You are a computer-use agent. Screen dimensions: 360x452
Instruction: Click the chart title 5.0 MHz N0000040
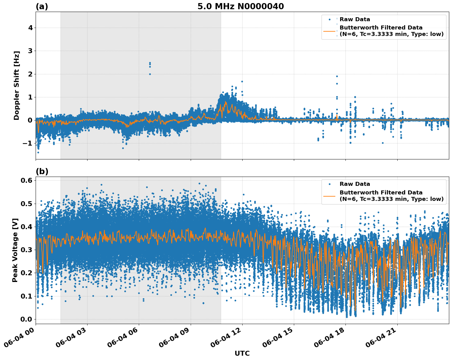(x=240, y=6)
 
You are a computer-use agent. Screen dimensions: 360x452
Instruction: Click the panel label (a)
(x=42, y=6)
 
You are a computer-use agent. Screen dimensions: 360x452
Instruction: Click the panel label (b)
(x=42, y=171)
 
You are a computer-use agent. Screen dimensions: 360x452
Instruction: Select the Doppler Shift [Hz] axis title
(x=17, y=85)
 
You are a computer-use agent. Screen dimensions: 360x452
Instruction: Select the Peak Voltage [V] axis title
(x=15, y=250)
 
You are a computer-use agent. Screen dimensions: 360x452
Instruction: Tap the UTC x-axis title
(x=242, y=353)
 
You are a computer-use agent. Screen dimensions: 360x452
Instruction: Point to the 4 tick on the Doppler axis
(x=30, y=28)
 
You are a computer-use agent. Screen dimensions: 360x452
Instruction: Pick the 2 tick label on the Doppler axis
(x=30, y=74)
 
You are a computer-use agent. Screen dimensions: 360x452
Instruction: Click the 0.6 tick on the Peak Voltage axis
(x=26, y=181)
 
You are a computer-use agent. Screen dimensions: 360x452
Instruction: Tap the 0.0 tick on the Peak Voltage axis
(x=26, y=319)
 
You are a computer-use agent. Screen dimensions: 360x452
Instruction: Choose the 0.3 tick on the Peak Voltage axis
(x=26, y=250)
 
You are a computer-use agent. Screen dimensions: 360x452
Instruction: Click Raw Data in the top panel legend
(x=355, y=20)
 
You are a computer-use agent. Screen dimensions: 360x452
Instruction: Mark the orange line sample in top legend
(x=329, y=31)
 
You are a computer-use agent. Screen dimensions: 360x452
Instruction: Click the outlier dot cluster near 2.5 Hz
(x=150, y=65)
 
